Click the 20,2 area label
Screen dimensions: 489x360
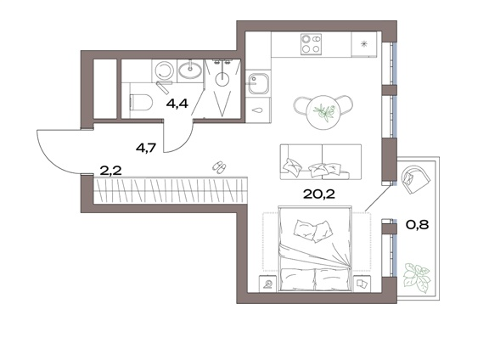click(318, 194)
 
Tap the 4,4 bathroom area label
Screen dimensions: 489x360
click(177, 104)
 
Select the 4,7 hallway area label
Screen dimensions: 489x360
click(146, 148)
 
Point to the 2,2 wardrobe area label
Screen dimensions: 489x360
click(110, 171)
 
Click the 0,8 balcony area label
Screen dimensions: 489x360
click(418, 224)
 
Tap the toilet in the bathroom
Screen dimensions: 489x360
click(141, 103)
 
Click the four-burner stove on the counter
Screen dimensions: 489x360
click(311, 44)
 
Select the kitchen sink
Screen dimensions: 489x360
click(258, 83)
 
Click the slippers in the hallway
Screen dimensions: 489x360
click(220, 167)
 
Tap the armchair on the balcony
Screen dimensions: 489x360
click(415, 180)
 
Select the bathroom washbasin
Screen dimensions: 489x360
click(190, 70)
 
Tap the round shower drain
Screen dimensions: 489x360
click(222, 79)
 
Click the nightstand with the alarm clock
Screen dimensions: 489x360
click(268, 284)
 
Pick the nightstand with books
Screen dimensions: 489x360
click(362, 284)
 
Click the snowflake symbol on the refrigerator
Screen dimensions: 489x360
click(363, 44)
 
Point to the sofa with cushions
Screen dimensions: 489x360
click(321, 161)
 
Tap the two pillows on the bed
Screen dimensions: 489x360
click(312, 231)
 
